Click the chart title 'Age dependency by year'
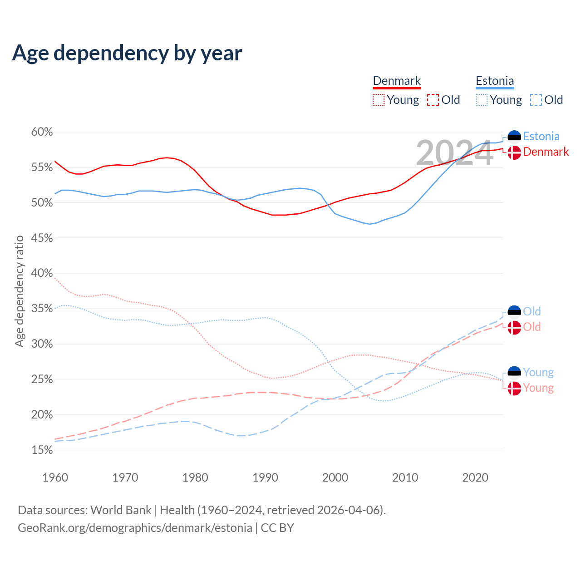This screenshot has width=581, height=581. [127, 53]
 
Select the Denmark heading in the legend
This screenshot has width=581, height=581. [397, 81]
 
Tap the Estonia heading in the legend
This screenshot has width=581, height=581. [495, 81]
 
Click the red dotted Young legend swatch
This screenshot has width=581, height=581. [379, 100]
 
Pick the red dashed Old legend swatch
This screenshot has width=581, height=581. [433, 100]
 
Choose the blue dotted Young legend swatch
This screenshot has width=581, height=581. [482, 100]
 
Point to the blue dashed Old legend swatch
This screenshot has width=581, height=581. [536, 100]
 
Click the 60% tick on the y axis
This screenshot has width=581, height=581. [42, 132]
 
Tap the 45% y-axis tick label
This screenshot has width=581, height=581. [42, 238]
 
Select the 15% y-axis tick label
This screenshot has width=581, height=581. [42, 450]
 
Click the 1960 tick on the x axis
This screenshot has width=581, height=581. [55, 478]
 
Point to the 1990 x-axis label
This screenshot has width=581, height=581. [265, 478]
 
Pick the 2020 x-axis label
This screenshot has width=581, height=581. [475, 478]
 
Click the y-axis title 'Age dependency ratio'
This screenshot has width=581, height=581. [19, 291]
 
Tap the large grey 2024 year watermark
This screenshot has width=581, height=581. [454, 153]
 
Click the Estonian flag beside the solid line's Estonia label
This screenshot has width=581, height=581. [514, 137]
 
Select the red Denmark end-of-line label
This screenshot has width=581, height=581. [546, 152]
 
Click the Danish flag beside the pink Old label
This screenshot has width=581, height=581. [514, 327]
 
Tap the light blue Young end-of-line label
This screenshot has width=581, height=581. [538, 372]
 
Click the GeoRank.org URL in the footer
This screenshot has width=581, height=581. [135, 527]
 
